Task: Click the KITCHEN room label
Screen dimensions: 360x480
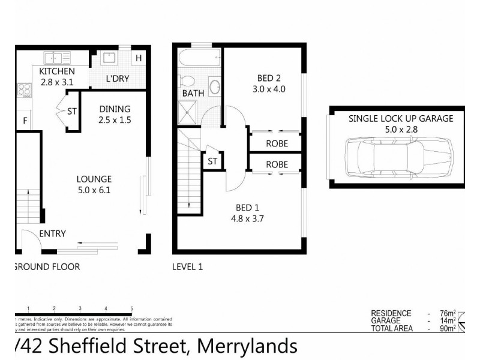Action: (x=57, y=71)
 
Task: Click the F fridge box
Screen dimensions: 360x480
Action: (x=25, y=120)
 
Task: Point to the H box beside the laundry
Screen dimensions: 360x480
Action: (x=139, y=58)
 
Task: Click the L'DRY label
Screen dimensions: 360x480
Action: (x=117, y=78)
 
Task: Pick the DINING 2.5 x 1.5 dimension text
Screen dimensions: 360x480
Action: (x=114, y=119)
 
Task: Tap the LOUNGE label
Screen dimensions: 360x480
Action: (x=94, y=179)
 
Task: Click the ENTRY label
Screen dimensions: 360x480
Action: (x=53, y=234)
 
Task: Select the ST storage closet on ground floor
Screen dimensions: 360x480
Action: (x=72, y=111)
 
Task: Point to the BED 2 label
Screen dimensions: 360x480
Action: (x=269, y=77)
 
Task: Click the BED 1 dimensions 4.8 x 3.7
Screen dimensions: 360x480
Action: (x=247, y=219)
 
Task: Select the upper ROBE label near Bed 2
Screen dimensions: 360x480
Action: (x=277, y=143)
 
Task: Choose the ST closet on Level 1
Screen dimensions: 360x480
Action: (x=212, y=161)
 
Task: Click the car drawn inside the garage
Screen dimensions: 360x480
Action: (x=398, y=157)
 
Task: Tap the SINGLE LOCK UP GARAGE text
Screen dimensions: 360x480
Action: (x=401, y=119)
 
